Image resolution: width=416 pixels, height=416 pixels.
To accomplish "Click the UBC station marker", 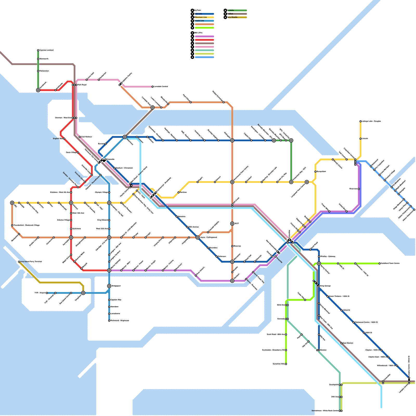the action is point(12,203).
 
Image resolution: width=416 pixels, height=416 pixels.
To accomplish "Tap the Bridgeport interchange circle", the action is point(109,286).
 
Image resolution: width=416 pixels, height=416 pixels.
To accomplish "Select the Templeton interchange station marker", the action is point(83,293).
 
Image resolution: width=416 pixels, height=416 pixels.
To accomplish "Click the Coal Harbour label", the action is point(87,137).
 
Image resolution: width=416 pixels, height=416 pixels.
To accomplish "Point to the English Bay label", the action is point(58,139).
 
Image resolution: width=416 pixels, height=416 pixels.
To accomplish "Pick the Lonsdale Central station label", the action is point(161,87).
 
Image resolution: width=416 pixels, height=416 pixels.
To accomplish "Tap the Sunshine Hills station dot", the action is point(286,364).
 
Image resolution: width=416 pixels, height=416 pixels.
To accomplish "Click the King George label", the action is point(326,286).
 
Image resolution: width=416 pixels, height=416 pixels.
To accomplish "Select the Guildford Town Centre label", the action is point(390,263).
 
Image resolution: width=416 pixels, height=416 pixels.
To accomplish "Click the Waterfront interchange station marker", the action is point(125,137).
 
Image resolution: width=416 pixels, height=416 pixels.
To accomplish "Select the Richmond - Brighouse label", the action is point(120,321).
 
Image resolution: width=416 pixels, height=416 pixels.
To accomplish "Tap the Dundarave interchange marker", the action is point(38,90).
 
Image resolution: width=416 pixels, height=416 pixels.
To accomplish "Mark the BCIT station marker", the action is point(232,224).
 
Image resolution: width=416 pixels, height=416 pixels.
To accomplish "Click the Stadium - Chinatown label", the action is point(124,168).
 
